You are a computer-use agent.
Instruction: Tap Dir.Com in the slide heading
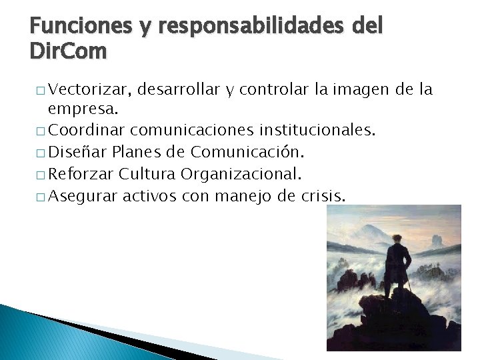(x=67, y=51)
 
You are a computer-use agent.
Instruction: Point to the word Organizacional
(x=242, y=174)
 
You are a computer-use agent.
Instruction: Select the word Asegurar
(x=83, y=196)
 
